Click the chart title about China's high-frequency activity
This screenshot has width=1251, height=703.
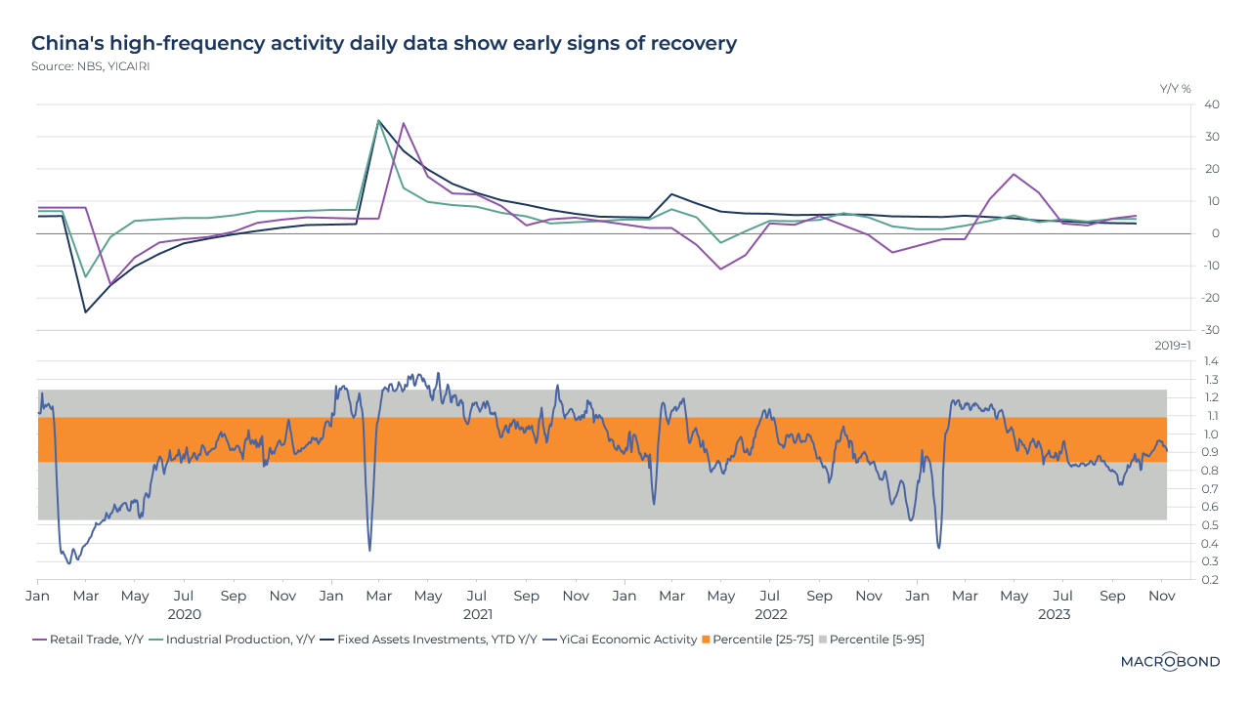(383, 43)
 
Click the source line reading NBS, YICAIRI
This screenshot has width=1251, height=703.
(90, 66)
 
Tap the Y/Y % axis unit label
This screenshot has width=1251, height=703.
(1176, 89)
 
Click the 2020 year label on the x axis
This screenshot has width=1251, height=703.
(184, 614)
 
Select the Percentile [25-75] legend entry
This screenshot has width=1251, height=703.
(756, 640)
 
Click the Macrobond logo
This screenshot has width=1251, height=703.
(1169, 662)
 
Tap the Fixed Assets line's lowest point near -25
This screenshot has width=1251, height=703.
(86, 312)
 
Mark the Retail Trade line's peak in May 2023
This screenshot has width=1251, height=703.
(1014, 174)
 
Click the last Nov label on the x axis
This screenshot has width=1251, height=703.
(1161, 596)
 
